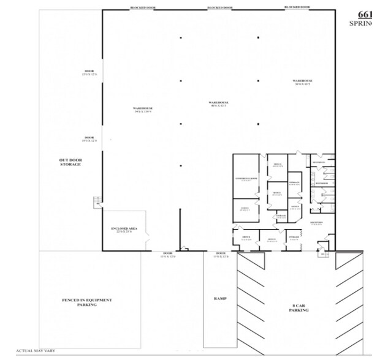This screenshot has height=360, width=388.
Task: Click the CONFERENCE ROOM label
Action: pos(247,179)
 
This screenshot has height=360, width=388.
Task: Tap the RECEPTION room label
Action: pos(318,223)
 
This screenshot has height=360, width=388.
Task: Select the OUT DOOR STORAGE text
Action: pos(70,162)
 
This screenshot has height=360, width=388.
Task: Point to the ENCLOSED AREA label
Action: pos(124,229)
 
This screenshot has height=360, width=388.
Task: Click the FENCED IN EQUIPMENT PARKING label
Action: pos(87,302)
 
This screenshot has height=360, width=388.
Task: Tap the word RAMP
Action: pos(220,299)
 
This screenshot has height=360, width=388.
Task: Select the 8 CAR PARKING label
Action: pos(299,308)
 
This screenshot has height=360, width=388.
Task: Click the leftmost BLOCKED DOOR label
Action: pos(143,7)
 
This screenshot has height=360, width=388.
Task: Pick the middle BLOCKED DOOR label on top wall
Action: pos(220,7)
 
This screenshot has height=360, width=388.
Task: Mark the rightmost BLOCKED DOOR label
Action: pos(297,7)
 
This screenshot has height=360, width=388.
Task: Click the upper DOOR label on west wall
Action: pos(89,73)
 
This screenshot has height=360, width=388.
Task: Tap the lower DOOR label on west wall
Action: pos(89,139)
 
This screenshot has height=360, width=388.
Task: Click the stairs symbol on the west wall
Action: pos(96,201)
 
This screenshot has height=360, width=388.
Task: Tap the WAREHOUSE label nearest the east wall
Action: pos(302,81)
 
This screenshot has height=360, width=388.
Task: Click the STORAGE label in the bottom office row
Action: pos(294,238)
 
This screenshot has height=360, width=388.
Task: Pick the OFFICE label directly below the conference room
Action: pos(245,209)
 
